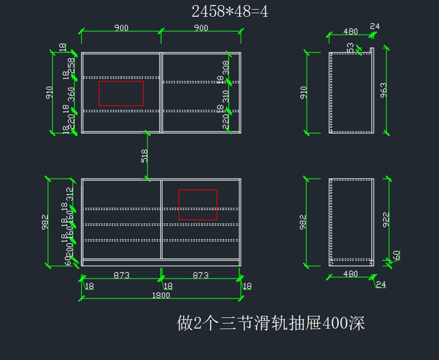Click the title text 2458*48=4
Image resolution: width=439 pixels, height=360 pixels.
click(230, 12)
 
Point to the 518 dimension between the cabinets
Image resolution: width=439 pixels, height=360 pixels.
click(145, 156)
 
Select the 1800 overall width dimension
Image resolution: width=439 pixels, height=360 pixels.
click(161, 295)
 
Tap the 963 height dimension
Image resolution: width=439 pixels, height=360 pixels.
click(384, 90)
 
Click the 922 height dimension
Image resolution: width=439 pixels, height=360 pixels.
click(386, 219)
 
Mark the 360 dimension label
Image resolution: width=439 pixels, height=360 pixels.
click(71, 94)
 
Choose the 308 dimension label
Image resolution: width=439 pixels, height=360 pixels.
click(226, 68)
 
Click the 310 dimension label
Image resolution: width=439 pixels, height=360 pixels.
click(226, 96)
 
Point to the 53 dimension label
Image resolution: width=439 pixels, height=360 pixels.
click(350, 48)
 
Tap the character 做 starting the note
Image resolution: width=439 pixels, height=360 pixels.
click(184, 323)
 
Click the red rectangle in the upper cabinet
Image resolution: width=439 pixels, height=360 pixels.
click(121, 94)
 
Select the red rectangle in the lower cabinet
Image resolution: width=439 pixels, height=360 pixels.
click(198, 205)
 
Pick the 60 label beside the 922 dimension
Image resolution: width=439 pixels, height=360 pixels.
click(396, 255)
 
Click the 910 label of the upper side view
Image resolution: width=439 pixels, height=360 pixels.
click(304, 92)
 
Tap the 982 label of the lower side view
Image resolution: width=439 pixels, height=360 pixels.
click(303, 222)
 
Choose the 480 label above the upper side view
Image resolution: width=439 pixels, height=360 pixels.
click(350, 31)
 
